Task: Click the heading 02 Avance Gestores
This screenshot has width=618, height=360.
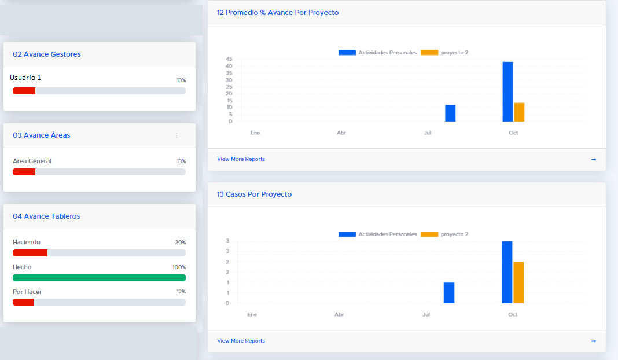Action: click(x=47, y=54)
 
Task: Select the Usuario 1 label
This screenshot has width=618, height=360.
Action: click(x=25, y=78)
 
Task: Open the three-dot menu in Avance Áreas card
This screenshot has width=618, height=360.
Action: click(x=176, y=135)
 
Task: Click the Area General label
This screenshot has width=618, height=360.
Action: click(x=32, y=161)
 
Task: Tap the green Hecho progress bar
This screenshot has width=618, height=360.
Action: click(x=99, y=278)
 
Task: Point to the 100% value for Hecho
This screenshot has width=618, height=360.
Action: click(x=179, y=267)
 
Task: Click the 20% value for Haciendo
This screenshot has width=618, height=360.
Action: click(x=181, y=243)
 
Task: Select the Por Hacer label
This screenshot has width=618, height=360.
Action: click(x=27, y=292)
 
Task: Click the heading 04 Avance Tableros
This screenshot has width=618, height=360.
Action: click(x=46, y=216)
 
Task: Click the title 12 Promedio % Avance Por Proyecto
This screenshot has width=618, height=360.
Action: click(x=278, y=13)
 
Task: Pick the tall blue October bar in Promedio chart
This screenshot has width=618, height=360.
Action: click(x=507, y=91)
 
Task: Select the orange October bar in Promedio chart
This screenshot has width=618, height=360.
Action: click(x=519, y=112)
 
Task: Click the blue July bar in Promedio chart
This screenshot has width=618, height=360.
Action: click(x=450, y=113)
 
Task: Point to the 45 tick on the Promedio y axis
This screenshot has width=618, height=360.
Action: click(x=229, y=59)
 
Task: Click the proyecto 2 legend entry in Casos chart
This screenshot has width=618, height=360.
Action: click(x=444, y=234)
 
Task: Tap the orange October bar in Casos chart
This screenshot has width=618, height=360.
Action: click(x=518, y=282)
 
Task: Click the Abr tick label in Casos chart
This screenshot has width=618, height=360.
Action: click(x=339, y=315)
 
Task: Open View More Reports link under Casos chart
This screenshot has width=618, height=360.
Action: click(x=241, y=341)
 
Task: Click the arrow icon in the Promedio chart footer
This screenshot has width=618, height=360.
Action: click(x=594, y=159)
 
